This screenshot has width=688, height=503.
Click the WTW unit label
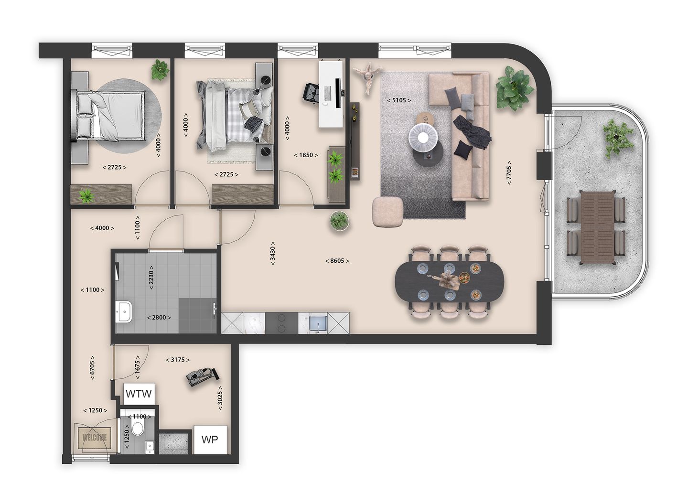point(139,394)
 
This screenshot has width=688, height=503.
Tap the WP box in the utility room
point(210,439)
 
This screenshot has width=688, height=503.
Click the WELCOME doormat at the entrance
point(95,438)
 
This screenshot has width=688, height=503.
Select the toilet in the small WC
point(139,428)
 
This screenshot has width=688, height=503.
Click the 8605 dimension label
point(337,261)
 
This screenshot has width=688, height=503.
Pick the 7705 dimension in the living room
point(509,172)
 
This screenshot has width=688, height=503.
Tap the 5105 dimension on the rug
point(398,100)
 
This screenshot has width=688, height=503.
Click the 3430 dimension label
point(272,253)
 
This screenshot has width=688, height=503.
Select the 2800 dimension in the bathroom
point(159,317)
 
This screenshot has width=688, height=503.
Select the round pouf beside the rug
point(388,212)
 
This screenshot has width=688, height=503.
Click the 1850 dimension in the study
point(306,155)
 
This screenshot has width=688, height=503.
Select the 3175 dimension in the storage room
point(178,360)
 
